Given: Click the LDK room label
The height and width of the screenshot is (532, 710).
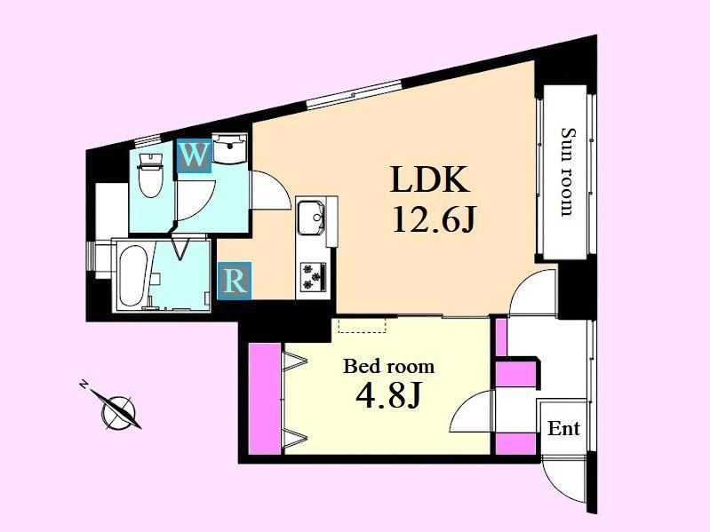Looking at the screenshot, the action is tap(429, 180).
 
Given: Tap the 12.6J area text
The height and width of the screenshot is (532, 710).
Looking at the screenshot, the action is tap(434, 218).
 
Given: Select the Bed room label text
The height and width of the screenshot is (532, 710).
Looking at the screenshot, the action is tap(388, 366).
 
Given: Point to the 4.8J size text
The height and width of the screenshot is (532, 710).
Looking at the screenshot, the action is tap(388, 394).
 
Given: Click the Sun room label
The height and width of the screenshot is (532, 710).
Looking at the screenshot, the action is tap(567, 172).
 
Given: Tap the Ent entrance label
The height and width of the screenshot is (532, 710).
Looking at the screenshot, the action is tap(563, 428).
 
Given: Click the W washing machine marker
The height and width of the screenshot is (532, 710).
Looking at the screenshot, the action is tap(195, 155).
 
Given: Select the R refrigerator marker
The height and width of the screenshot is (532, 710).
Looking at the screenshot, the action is tap(234, 281).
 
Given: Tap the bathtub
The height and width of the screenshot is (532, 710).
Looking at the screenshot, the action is tap(132, 276).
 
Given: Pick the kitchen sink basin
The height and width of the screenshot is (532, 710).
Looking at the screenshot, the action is tap(310, 218).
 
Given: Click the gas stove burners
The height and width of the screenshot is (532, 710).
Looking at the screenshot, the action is tap(313, 276).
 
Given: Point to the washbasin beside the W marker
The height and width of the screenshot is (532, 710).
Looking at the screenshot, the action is tap(228, 149).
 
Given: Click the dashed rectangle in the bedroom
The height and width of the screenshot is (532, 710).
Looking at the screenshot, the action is tap(363, 325).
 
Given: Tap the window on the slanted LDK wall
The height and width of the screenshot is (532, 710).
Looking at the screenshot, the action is tap(354, 94).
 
